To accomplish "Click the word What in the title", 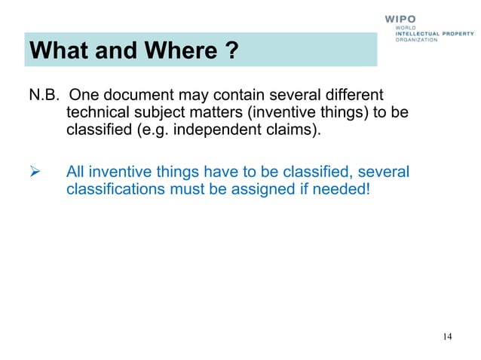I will [x=59, y=52].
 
